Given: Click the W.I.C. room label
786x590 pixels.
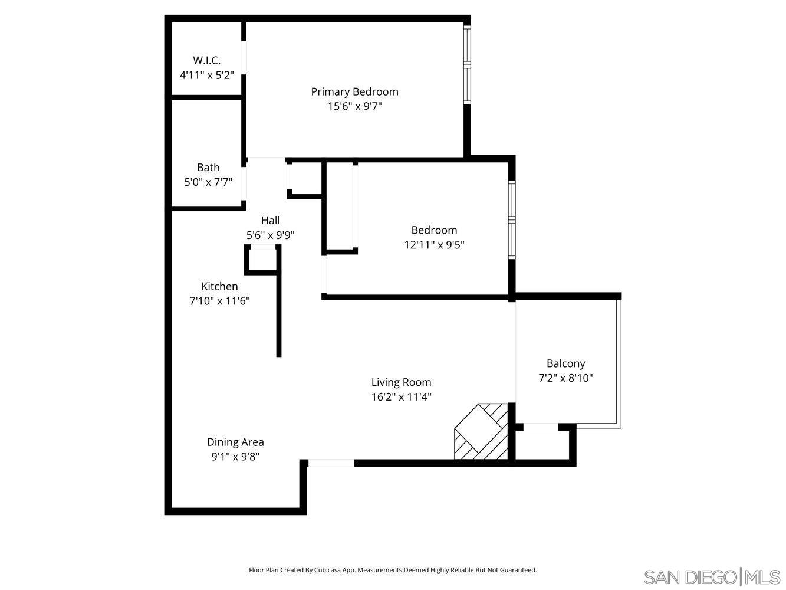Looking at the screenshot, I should pos(206,60).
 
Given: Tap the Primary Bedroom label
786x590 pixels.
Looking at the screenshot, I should pos(354,91).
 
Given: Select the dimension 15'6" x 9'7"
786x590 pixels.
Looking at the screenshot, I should pos(354,107).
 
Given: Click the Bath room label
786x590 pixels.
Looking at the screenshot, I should pos(208,168).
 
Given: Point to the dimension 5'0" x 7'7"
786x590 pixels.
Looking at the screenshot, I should pos(208,182).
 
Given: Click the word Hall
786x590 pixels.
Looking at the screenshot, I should pos(270,221).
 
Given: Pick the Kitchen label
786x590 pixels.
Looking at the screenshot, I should pos(219,287).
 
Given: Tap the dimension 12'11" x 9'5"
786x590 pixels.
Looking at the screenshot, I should pos(434,245).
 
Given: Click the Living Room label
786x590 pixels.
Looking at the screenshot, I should pos(401,382).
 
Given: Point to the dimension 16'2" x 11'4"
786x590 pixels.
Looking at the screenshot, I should pos(401,397).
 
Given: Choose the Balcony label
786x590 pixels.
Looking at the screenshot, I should pos(565,364).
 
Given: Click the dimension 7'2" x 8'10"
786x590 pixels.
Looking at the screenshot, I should pos(565,378).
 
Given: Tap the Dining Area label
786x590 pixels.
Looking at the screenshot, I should pos(235,442).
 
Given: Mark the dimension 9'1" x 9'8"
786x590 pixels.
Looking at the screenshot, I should pos(235,457).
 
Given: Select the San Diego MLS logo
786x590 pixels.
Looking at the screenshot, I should pos(712,576).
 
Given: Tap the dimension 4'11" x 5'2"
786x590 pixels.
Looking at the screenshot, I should pos(206,76).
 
